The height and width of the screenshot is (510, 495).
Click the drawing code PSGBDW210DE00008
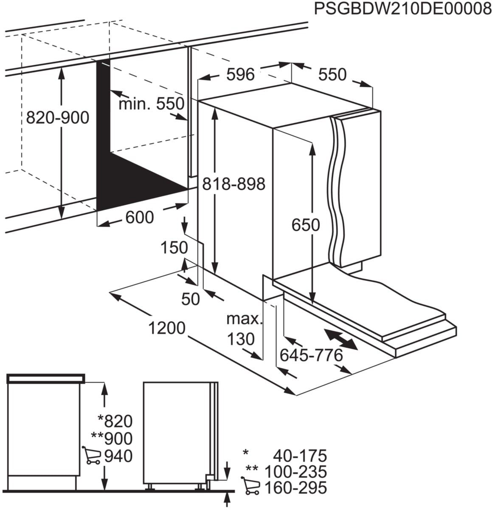pyautogui.click(x=402, y=9)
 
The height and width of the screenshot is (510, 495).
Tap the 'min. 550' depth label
pyautogui.click(x=151, y=103)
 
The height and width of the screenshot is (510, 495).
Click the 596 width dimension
pyautogui.click(x=240, y=75)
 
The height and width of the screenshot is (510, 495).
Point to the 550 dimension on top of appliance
pyautogui.click(x=332, y=75)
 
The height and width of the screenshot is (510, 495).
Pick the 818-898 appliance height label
pyautogui.click(x=233, y=184)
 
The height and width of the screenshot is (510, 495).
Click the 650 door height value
pyautogui.click(x=306, y=225)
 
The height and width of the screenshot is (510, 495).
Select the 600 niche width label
pyautogui.click(x=140, y=218)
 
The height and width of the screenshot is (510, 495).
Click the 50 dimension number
pyautogui.click(x=190, y=299)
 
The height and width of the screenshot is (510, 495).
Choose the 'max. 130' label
pyautogui.click(x=243, y=329)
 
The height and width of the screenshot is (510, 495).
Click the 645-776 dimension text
pyautogui.click(x=311, y=355)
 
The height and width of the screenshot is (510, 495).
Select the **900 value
pyautogui.click(x=112, y=438)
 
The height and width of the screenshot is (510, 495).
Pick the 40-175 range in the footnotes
pyautogui.click(x=300, y=456)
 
